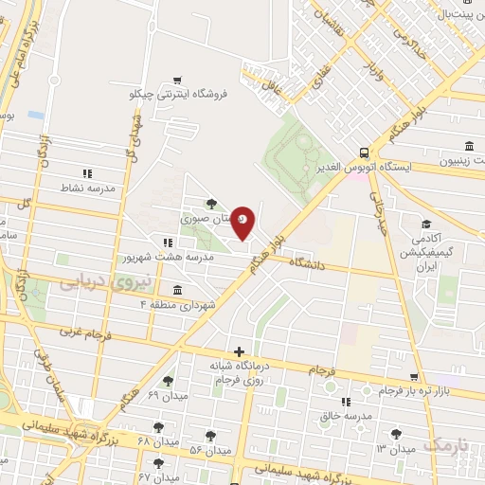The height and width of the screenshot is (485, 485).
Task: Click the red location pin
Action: click(243, 221)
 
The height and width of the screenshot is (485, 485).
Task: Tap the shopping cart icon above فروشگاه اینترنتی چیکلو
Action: click(179, 81)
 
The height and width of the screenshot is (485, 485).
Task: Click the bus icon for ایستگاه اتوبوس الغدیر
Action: click(365, 153)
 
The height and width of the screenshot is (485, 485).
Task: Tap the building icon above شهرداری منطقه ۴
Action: click(178, 290)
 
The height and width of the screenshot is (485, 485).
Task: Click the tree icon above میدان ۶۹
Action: click(169, 380)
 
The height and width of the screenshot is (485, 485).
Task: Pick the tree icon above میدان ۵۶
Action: click(211, 436)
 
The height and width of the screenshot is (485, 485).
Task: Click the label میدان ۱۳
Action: click(396, 447)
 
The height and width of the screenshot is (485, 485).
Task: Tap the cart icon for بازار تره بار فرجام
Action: click(414, 377)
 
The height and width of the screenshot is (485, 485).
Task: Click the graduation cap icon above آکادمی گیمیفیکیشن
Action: click(427, 225)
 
